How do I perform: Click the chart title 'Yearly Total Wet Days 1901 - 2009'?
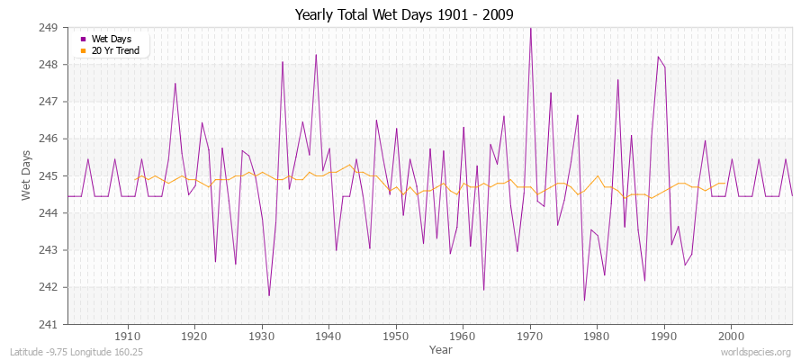pyautogui.click(x=405, y=14)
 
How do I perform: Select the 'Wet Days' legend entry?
pyautogui.click(x=110, y=40)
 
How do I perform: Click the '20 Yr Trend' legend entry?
pyautogui.click(x=114, y=50)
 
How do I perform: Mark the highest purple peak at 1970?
pyautogui.click(x=530, y=28)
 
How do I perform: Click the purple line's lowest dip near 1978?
pyautogui.click(x=584, y=300)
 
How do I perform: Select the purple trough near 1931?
pyautogui.click(x=269, y=295)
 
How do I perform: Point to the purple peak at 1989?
pyautogui.click(x=658, y=57)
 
